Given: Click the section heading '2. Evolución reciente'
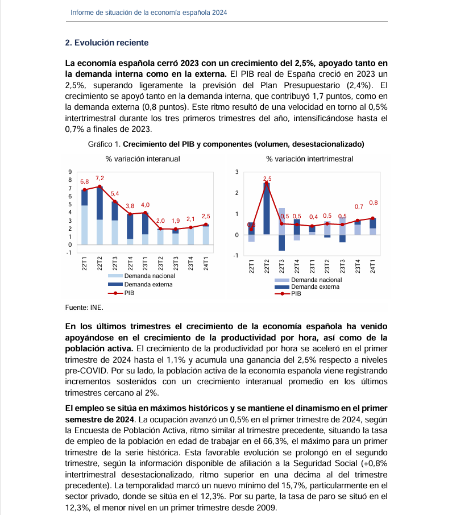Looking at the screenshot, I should tap(107, 43).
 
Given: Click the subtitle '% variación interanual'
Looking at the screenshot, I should tap(143, 159).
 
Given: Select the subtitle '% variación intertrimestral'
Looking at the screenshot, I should tap(309, 159).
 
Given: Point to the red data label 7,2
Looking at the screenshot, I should tap(99, 178).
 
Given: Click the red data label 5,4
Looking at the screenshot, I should tap(115, 194).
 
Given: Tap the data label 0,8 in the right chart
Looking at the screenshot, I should tap(374, 202).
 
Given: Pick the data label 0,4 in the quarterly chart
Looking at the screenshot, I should tap(313, 217).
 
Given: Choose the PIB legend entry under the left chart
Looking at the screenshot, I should tap(128, 293).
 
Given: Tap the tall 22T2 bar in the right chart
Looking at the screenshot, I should tap(266, 208).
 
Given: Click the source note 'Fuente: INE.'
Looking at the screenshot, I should tap(84, 307).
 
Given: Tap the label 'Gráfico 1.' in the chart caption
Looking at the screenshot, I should tap(105, 144).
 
